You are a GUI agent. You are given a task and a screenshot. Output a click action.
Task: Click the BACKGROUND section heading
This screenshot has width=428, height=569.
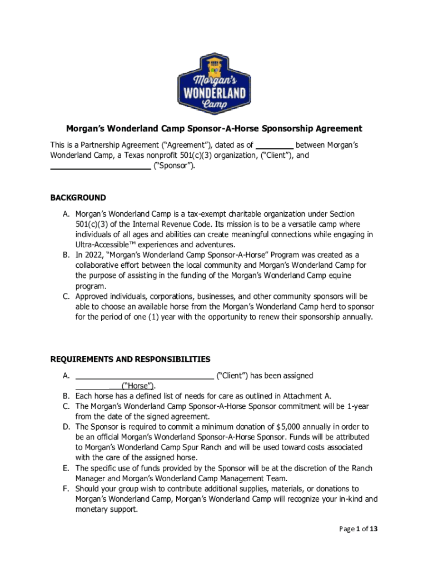point(78,198)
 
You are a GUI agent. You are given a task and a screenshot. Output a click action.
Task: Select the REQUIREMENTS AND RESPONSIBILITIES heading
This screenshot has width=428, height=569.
point(130,359)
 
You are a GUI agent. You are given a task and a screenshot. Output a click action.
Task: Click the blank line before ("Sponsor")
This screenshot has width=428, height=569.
point(100,166)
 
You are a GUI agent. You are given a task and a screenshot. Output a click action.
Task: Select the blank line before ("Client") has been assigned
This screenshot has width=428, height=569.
point(144,376)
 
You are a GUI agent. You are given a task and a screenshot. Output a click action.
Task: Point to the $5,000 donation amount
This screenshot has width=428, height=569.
point(290,427)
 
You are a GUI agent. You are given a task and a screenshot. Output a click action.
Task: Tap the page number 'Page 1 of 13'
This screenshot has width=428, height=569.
point(359,529)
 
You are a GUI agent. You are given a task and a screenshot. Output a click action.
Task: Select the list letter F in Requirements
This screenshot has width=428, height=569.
point(65,488)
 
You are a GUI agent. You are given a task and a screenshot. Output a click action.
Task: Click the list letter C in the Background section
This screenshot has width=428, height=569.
point(65,297)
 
